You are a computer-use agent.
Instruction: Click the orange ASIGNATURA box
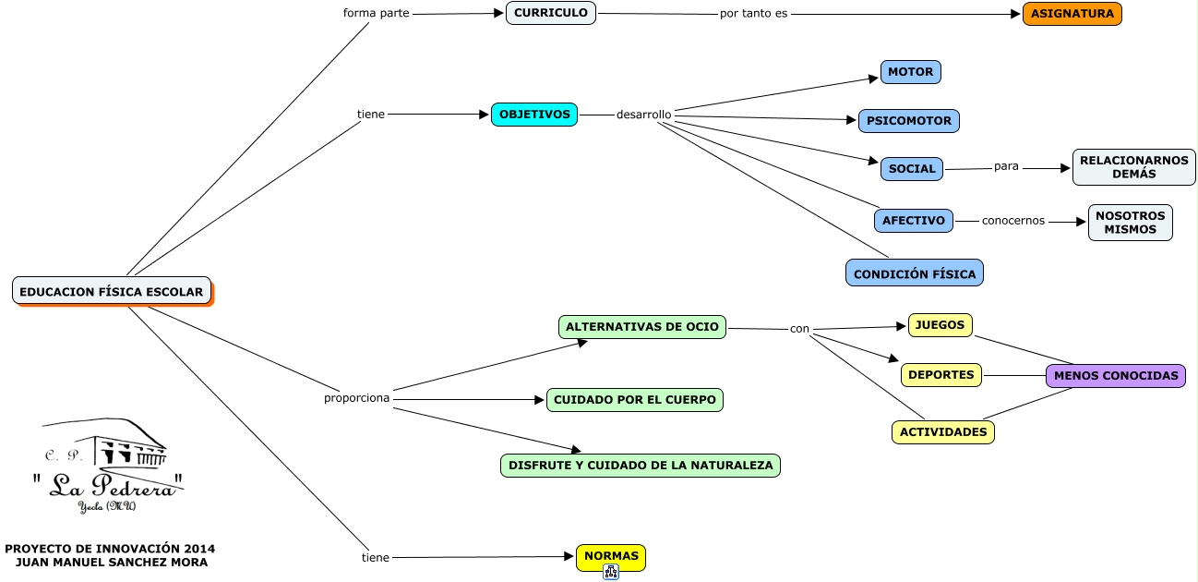[x=1072, y=14]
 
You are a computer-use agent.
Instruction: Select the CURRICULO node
[x=551, y=13]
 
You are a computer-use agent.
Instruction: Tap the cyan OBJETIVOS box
[x=534, y=115]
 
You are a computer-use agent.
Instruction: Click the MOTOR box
[x=910, y=72]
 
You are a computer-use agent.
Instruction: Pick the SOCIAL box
[x=912, y=169]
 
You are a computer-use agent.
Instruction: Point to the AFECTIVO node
[x=913, y=221]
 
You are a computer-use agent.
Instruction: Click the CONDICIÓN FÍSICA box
[x=915, y=274]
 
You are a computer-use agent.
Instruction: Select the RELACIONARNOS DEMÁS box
[x=1133, y=167]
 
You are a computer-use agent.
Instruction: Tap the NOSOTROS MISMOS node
[x=1130, y=223]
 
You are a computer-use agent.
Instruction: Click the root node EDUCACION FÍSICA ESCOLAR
[x=112, y=292]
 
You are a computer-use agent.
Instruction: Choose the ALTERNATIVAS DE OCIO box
[x=641, y=327]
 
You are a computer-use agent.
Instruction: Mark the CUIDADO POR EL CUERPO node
[x=635, y=400]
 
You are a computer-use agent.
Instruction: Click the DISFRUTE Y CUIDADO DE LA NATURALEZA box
[x=641, y=466]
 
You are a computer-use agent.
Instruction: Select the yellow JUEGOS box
[x=940, y=325]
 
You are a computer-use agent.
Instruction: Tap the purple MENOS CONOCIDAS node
[x=1115, y=376]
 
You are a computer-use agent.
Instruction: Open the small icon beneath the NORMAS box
[x=610, y=572]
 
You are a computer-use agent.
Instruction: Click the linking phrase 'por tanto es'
[x=753, y=15]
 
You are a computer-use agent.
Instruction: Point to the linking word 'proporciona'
[x=356, y=399]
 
